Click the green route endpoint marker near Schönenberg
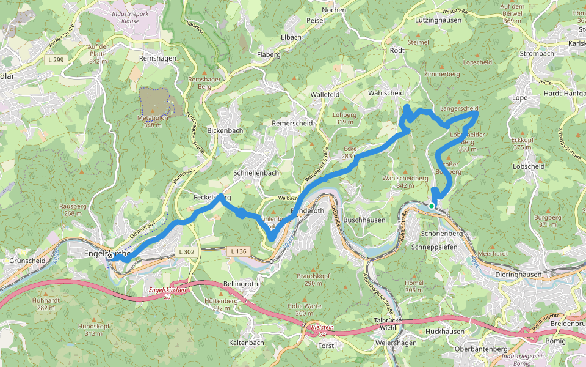(432, 206)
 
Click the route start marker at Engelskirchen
(110, 258)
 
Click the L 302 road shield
(186, 251)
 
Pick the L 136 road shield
(239, 251)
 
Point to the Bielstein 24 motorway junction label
(322, 331)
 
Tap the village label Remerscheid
(292, 123)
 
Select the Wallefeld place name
(325, 95)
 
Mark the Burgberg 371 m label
(547, 221)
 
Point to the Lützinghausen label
(436, 20)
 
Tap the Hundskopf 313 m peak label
(93, 330)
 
